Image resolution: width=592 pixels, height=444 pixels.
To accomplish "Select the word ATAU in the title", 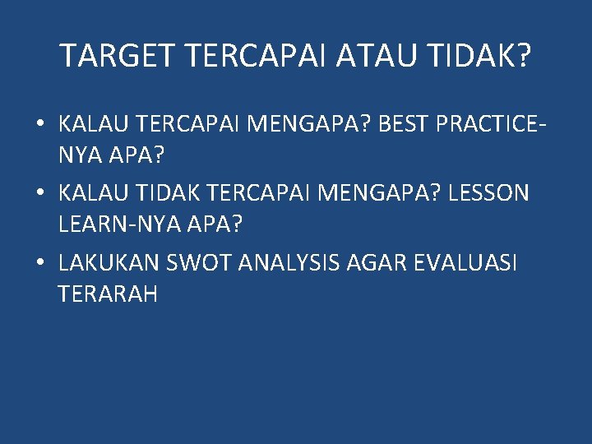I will point(377,56).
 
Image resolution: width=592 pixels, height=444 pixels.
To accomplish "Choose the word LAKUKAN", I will point(109,264).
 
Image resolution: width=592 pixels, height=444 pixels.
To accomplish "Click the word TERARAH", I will point(108,294).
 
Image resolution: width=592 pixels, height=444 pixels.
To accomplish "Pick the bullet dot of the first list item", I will point(39,126).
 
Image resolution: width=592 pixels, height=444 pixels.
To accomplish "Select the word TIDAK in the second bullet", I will point(170,194).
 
